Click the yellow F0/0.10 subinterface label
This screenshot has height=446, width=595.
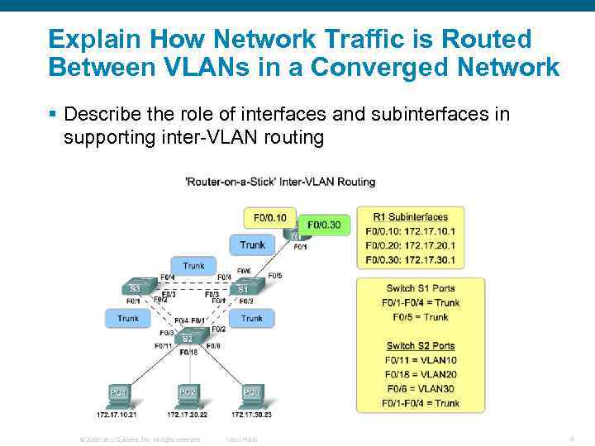click(269, 218)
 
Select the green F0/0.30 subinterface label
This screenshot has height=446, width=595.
click(324, 225)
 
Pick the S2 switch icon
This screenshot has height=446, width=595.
click(188, 337)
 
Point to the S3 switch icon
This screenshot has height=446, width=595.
click(136, 287)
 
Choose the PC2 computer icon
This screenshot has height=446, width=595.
click(188, 392)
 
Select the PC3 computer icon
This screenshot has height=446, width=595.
click(251, 392)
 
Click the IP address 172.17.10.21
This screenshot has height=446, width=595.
click(117, 415)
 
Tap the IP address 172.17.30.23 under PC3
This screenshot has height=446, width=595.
click(251, 415)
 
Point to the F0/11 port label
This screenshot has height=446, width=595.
click(163, 346)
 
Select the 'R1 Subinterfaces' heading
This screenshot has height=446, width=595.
click(410, 217)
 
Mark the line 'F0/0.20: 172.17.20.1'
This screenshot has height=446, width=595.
click(410, 246)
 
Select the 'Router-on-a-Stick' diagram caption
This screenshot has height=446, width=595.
click(280, 182)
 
